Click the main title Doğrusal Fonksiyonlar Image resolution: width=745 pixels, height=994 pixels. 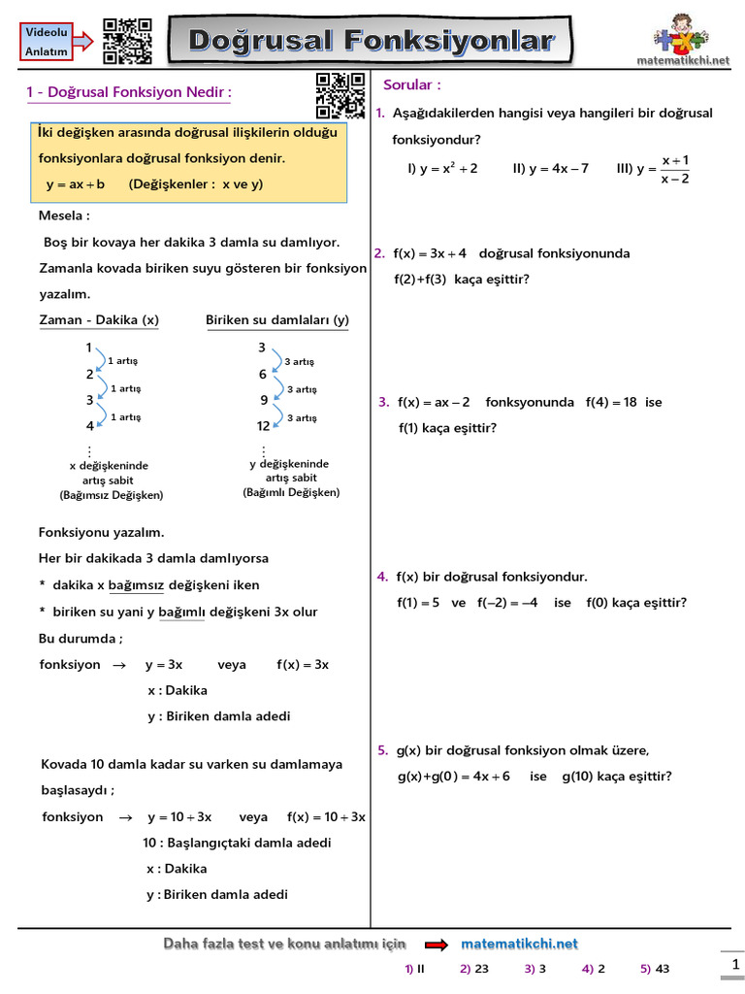coord(371,42)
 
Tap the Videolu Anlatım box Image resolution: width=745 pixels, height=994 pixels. coord(46,41)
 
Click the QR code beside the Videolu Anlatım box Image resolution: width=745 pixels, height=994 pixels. coord(127,41)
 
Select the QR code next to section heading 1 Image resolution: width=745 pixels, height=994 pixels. coord(340,94)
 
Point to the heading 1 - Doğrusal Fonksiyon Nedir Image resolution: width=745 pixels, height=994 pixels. coord(129,93)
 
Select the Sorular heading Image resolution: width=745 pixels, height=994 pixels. coord(412,84)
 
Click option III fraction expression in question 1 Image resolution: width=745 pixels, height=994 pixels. coord(654,169)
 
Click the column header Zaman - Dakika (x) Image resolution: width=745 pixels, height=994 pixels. coord(99,320)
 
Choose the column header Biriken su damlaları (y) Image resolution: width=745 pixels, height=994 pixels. coord(277,320)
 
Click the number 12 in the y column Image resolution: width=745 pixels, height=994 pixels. coord(263,426)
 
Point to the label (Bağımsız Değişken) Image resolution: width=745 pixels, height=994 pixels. coord(112,495)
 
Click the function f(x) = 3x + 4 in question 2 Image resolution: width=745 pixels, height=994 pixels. coord(430,253)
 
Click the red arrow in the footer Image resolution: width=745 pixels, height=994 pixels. coord(437,944)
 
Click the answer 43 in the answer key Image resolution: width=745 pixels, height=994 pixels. coord(662,969)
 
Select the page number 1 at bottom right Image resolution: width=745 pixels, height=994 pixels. coord(734,964)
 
